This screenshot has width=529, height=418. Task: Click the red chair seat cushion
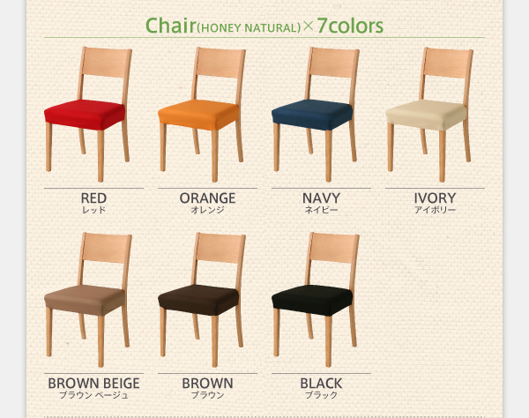tap(85, 115)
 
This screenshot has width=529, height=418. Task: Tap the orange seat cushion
tap(198, 115)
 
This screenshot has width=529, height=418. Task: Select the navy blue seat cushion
tap(312, 115)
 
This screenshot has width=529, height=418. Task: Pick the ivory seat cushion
tap(426, 115)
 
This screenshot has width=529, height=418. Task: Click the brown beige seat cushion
tap(85, 300)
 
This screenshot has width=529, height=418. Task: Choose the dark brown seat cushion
tap(198, 300)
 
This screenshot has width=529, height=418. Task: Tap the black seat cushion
tap(312, 300)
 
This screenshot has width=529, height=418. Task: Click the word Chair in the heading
tap(171, 26)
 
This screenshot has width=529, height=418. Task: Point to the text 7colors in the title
tap(350, 26)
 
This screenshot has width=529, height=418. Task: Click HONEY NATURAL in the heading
tap(249, 28)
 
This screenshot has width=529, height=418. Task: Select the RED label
tap(93, 198)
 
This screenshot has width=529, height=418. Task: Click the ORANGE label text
tap(207, 198)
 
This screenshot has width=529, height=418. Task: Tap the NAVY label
tap(321, 198)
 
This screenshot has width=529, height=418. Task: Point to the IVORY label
tap(435, 198)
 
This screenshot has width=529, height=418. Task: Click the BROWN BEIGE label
tap(93, 384)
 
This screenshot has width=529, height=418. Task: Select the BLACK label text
tap(321, 384)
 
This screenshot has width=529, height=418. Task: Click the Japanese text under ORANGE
tap(207, 210)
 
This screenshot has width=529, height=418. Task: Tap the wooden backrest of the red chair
tap(107, 62)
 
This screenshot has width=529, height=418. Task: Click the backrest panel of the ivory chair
tap(448, 62)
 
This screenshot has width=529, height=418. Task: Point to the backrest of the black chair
tap(334, 248)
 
